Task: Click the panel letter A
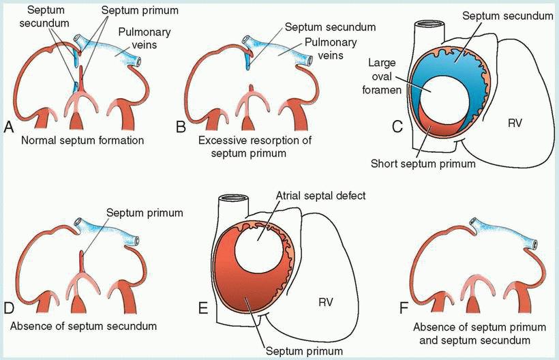(9, 127)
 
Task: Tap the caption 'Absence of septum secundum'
(83, 325)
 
